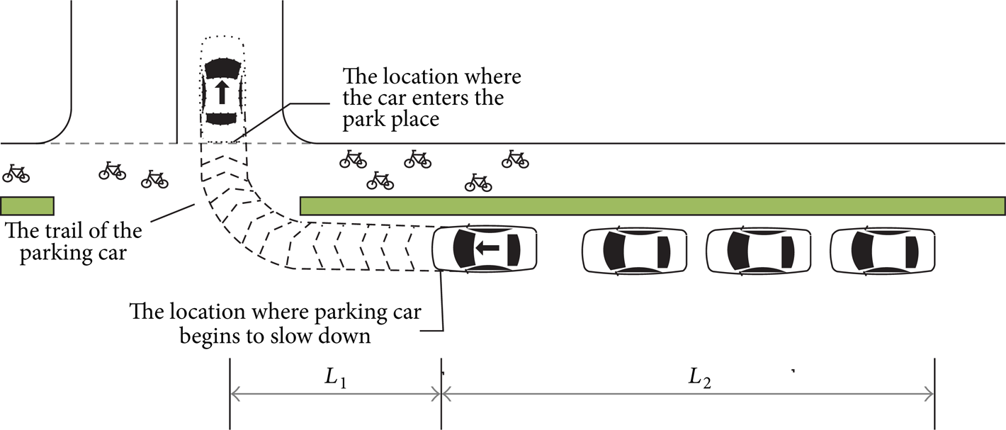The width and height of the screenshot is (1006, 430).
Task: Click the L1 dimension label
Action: [336, 378]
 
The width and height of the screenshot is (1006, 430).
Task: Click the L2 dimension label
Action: [700, 378]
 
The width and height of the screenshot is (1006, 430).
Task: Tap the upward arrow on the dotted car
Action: [221, 92]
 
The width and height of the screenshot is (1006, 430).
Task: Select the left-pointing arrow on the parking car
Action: [487, 247]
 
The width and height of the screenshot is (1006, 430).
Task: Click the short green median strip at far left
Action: [28, 205]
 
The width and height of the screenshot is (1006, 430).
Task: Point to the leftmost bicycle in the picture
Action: [16, 174]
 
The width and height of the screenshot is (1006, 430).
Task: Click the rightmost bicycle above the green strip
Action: [515, 159]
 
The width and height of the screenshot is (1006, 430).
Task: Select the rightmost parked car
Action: [883, 251]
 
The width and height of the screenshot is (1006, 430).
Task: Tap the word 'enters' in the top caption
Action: [452, 98]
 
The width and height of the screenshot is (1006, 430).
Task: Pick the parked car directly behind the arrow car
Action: [635, 251]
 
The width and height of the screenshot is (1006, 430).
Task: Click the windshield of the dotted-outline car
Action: [222, 68]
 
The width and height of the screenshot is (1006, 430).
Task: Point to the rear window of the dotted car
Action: [221, 118]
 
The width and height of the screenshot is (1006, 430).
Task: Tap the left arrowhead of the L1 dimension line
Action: [234, 395]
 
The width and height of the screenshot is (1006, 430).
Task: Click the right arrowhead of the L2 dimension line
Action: [929, 395]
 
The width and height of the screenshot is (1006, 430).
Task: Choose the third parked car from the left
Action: [759, 251]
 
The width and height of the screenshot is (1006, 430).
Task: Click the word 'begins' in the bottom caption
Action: [208, 336]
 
